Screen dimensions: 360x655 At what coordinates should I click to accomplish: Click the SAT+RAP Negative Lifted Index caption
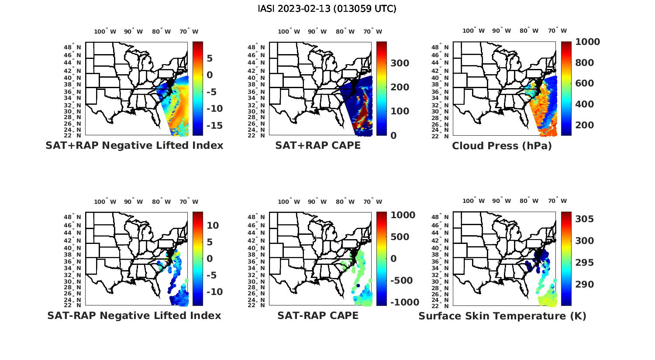[134, 145]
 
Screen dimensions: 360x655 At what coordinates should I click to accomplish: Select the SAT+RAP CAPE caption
[318, 145]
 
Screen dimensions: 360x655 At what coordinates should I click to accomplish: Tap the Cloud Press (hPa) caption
[502, 146]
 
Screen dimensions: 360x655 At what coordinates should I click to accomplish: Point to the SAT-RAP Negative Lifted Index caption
[134, 315]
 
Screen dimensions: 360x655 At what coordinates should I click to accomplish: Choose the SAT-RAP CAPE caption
[318, 315]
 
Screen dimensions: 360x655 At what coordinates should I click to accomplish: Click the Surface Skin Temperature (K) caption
[502, 316]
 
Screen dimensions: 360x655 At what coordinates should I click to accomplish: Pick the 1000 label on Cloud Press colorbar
[587, 42]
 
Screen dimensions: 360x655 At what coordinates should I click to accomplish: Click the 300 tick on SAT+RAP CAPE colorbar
[400, 63]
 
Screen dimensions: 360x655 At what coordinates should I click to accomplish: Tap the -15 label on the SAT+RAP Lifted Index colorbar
[214, 126]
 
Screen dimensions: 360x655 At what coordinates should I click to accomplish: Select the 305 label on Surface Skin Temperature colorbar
[585, 219]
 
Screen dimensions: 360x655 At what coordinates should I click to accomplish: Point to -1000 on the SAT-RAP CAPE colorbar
[405, 302]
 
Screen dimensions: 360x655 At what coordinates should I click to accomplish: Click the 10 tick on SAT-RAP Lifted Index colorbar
[213, 226]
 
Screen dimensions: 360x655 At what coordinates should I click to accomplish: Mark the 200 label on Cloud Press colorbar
[585, 125]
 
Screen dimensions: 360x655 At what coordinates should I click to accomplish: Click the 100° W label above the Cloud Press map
[473, 31]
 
